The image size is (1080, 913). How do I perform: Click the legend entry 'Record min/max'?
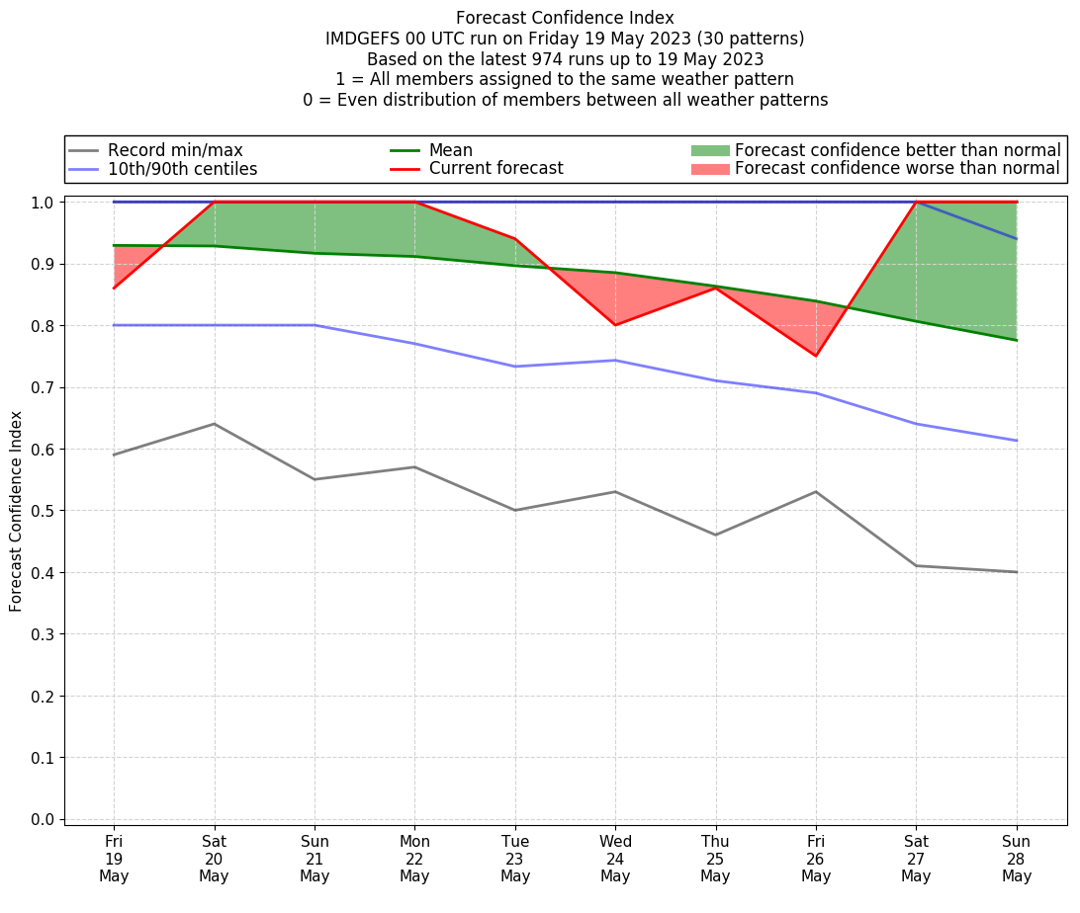pyautogui.click(x=175, y=150)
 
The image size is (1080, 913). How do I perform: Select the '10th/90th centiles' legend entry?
pyautogui.click(x=182, y=169)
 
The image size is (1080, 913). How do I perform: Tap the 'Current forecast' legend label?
pyautogui.click(x=495, y=169)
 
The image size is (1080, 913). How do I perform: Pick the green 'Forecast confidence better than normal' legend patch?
pyautogui.click(x=709, y=150)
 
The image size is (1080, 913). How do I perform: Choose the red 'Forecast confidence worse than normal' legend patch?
pyautogui.click(x=709, y=169)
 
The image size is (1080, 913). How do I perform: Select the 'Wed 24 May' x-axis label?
pyautogui.click(x=615, y=858)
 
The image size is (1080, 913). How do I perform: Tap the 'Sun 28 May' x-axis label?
pyautogui.click(x=1017, y=858)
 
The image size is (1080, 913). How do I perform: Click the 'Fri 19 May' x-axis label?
pyautogui.click(x=114, y=858)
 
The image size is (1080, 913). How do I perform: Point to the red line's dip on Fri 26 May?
pyautogui.click(x=816, y=356)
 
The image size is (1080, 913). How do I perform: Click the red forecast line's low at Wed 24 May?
pyautogui.click(x=615, y=325)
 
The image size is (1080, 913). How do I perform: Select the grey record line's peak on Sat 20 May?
pyautogui.click(x=214, y=424)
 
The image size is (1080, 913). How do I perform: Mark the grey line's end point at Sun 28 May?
pyautogui.click(x=1017, y=572)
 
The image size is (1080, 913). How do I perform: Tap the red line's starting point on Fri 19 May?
pyautogui.click(x=114, y=288)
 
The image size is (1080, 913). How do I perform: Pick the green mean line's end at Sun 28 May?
pyautogui.click(x=1017, y=340)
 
